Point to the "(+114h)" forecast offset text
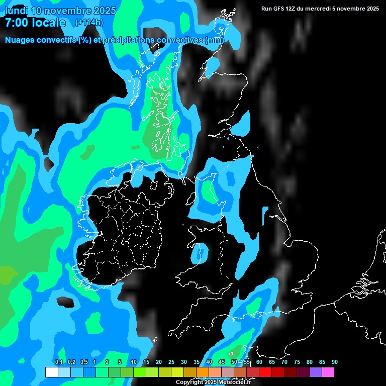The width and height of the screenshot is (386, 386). click(89, 23)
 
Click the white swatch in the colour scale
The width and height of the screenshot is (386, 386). click(51, 372)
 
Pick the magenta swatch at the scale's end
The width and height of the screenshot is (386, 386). click(328, 372)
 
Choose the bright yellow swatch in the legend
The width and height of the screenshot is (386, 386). click(177, 372)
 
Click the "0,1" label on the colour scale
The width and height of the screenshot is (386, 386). click(59, 362)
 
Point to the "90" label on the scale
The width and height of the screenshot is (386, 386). click(334, 362)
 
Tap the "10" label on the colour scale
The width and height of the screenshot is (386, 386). click(133, 362)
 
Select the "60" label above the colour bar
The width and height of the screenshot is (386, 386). click(259, 362)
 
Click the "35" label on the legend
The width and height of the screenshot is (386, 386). click(196, 362)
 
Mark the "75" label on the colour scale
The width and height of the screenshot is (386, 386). click(297, 362)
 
